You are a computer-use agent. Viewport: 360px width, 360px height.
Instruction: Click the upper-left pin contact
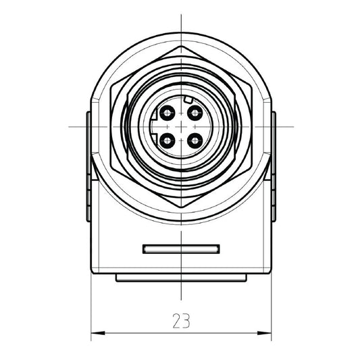[167, 111]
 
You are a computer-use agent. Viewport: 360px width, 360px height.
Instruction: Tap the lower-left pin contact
[167, 140]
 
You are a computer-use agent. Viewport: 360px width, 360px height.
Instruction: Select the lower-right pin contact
[195, 140]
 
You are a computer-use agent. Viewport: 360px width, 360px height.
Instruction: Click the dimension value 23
[181, 320]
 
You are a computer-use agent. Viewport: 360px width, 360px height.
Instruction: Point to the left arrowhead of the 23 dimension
[95, 332]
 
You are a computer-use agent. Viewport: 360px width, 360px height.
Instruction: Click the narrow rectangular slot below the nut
[181, 248]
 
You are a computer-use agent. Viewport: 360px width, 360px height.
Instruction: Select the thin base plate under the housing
[181, 278]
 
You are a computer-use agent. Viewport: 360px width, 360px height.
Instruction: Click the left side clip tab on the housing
[88, 165]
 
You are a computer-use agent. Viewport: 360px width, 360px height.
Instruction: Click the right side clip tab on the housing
[274, 165]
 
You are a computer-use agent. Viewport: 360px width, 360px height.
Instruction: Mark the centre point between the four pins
[181, 126]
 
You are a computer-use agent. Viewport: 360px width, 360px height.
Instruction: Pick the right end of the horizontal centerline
[292, 126]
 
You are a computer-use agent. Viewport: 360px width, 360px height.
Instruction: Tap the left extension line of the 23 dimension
[91, 304]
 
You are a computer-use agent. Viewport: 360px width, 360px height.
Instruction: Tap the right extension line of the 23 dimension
[271, 304]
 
